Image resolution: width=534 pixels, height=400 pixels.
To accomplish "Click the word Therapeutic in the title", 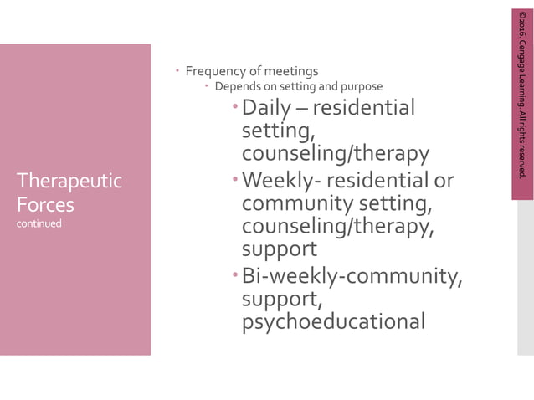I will (x=69, y=181).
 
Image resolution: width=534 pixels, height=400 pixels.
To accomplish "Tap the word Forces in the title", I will (x=45, y=205).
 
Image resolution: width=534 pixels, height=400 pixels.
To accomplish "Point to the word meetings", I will (x=292, y=71).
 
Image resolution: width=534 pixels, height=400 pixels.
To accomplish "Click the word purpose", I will (x=361, y=86).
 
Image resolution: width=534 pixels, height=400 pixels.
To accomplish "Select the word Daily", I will (x=266, y=108).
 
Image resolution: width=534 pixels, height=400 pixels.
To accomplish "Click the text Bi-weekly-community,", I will (x=352, y=275).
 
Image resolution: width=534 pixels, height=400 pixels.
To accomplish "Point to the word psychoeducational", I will (x=333, y=321).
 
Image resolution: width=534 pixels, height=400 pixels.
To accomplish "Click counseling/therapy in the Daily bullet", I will (x=335, y=155).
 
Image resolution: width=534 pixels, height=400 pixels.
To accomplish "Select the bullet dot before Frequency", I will (x=178, y=71).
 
